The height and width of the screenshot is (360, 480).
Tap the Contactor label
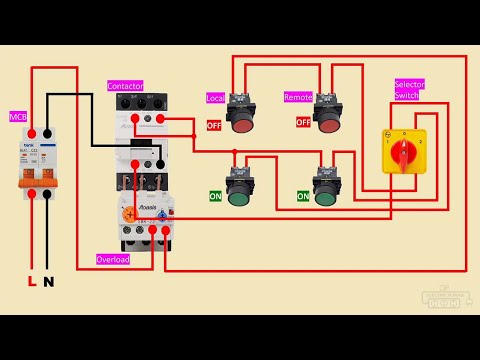(x=126, y=87)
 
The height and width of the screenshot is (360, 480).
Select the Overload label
(x=113, y=259)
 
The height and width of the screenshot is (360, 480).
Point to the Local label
(x=215, y=98)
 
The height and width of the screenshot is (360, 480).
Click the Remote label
(x=298, y=98)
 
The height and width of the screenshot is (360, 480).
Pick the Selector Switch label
(x=409, y=91)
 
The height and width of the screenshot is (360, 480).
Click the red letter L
(x=31, y=282)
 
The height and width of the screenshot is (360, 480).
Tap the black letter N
(x=48, y=282)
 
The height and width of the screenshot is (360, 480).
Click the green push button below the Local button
(x=238, y=195)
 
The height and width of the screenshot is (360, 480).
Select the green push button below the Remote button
(x=324, y=195)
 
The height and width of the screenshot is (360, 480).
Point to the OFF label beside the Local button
(x=214, y=125)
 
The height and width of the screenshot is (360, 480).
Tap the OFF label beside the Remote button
(x=303, y=122)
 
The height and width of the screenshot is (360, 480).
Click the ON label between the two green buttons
(x=302, y=197)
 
